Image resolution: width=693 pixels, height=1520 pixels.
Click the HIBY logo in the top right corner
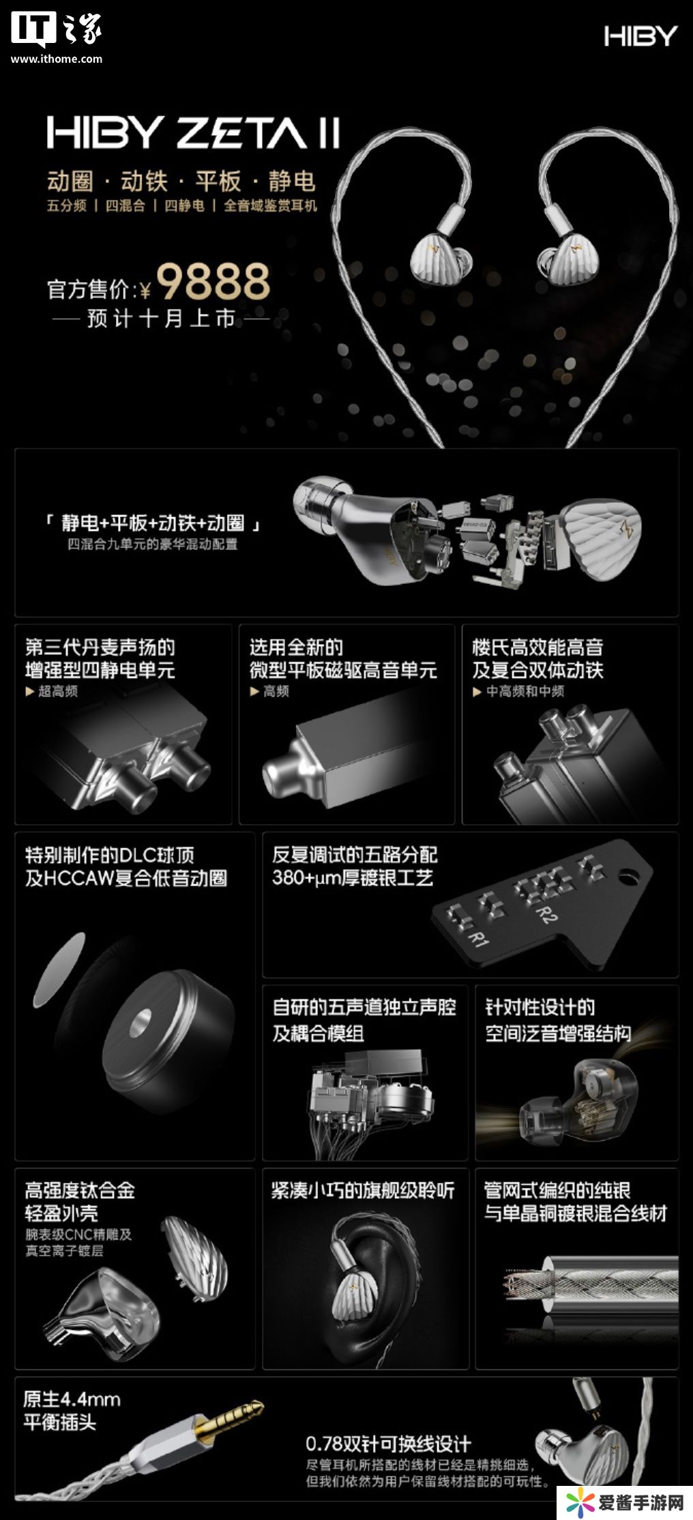pyautogui.click(x=640, y=36)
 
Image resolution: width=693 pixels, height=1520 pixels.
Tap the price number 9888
pyautogui.click(x=213, y=282)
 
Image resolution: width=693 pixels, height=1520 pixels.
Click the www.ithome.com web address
pyautogui.click(x=57, y=59)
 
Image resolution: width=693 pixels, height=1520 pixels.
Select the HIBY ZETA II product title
pyautogui.click(x=193, y=132)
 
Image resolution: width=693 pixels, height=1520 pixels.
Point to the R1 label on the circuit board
pyautogui.click(x=476, y=935)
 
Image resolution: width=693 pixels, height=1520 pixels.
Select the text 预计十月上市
pyautogui.click(x=161, y=319)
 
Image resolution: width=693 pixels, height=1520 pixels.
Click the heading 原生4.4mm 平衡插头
pyautogui.click(x=72, y=1411)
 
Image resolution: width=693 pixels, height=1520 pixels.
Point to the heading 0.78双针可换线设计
pyautogui.click(x=388, y=1444)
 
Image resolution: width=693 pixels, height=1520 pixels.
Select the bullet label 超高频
pyautogui.click(x=58, y=691)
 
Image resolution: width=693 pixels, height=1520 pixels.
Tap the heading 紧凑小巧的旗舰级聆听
pyautogui.click(x=363, y=1191)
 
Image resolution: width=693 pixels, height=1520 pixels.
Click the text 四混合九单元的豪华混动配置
pyautogui.click(x=153, y=544)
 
